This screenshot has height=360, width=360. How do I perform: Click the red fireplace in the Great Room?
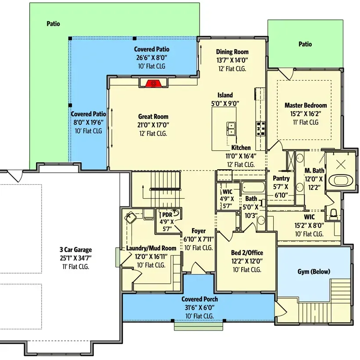click(x=153, y=84)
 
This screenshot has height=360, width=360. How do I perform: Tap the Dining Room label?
click(x=232, y=52)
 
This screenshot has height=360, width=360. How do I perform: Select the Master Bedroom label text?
click(x=306, y=105)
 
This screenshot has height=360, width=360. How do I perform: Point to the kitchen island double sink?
click(x=231, y=129)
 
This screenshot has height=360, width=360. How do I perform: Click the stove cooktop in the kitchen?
click(x=260, y=129)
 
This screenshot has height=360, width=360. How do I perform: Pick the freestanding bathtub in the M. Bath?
click(x=340, y=181)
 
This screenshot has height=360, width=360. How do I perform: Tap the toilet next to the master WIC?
click(x=333, y=214)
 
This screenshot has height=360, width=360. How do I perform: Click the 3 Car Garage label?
click(x=76, y=250)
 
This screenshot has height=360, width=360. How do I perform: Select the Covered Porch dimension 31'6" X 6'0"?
click(x=200, y=307)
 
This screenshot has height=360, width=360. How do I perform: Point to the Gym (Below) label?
click(x=314, y=271)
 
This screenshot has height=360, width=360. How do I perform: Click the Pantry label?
click(x=281, y=178)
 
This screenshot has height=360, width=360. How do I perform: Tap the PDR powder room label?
click(x=167, y=215)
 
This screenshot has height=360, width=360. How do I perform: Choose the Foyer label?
click(x=199, y=231)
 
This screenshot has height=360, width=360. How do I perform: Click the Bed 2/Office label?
click(x=247, y=253)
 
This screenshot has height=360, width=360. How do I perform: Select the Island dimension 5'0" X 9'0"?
click(x=225, y=103)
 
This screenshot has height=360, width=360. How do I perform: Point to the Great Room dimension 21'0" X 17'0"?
click(x=153, y=125)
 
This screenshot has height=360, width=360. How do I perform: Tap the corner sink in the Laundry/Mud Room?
click(x=130, y=217)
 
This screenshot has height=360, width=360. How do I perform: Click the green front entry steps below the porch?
click(x=198, y=326)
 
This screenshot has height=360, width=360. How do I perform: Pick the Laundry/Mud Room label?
click(x=151, y=248)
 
